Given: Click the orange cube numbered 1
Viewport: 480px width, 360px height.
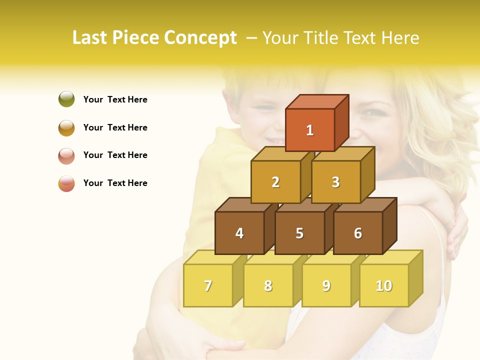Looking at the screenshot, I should pos(310,130).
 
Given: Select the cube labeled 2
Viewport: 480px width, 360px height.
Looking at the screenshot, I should pos(275,182).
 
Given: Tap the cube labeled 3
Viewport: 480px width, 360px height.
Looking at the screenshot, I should pos(335,182).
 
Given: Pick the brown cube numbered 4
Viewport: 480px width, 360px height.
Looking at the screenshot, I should pos(239,233).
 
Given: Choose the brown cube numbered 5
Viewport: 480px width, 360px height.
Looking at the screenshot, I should pos(299,233).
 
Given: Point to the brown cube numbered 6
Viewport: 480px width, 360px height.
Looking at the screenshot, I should pos(358,233).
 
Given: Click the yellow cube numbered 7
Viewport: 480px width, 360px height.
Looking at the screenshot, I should pos(208,285).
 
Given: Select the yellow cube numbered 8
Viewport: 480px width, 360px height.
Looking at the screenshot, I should pos(268,285).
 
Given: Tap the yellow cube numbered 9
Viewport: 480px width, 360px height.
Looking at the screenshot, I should pos(326,285).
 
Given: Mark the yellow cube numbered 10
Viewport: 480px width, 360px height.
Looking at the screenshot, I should pos(384,285).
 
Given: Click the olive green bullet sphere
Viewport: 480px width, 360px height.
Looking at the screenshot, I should pos(66,99).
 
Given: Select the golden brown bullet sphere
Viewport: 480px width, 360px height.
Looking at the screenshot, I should pos(66,127).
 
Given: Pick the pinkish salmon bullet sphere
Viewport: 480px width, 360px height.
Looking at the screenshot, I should pos(66,155).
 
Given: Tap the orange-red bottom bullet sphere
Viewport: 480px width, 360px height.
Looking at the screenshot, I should pos(66,183).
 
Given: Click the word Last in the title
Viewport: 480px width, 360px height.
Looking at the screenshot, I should pos(90,38).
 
